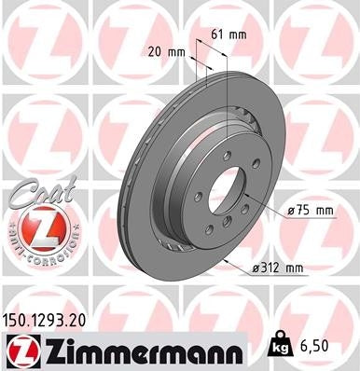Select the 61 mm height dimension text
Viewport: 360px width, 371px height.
click(x=231, y=34)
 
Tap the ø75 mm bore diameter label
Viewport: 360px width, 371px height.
click(x=311, y=211)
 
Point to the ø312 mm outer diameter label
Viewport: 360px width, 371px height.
click(x=277, y=270)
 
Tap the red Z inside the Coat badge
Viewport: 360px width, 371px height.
click(x=35, y=227)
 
